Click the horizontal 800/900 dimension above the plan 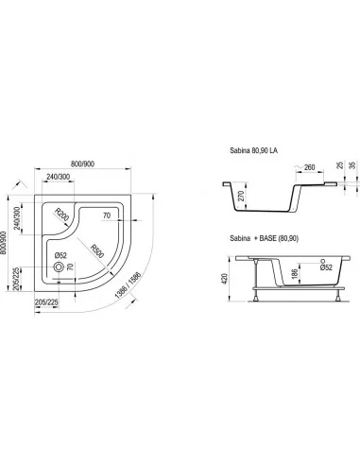[x=82, y=164]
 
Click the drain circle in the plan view [x=59, y=267]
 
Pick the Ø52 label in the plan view [x=60, y=256]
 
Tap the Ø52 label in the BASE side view [x=326, y=267]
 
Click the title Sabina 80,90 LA [x=254, y=150]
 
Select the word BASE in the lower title [x=267, y=238]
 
